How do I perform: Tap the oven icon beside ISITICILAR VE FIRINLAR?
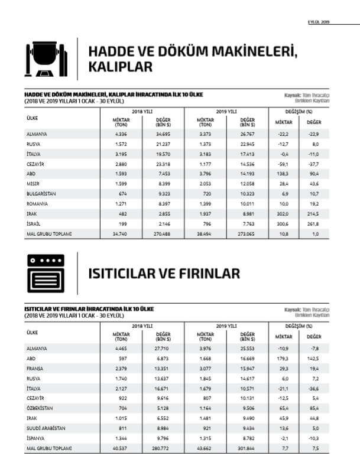(x=46, y=272)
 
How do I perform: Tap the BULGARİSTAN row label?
(x=41, y=194)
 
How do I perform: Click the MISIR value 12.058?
(x=247, y=184)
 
